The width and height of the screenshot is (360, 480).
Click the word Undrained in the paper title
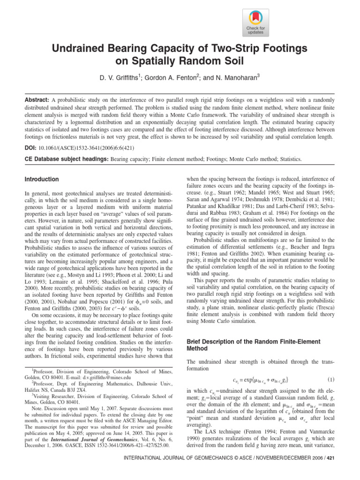tap(78, 49)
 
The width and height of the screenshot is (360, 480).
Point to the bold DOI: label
tap(31, 147)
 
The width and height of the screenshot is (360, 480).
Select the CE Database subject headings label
tap(66, 159)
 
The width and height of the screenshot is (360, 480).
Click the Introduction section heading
tap(42, 180)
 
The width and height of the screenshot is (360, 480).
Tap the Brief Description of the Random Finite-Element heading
tap(256, 342)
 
